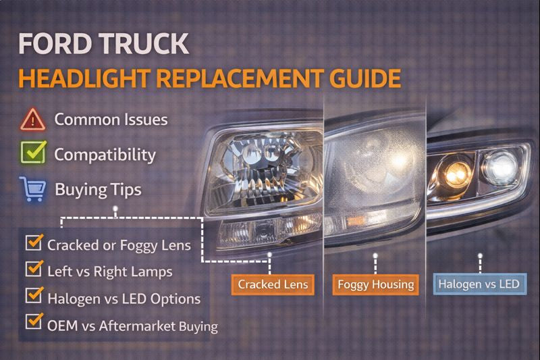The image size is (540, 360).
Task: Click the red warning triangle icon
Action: (32, 120)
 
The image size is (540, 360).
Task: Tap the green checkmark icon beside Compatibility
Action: (32, 153)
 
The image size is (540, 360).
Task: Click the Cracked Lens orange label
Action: (272, 284)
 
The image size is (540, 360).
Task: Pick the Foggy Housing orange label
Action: (375, 284)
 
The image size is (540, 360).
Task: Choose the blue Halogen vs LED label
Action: (479, 284)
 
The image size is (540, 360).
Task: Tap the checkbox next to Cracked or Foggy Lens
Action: (33, 242)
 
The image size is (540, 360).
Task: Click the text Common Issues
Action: (111, 120)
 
